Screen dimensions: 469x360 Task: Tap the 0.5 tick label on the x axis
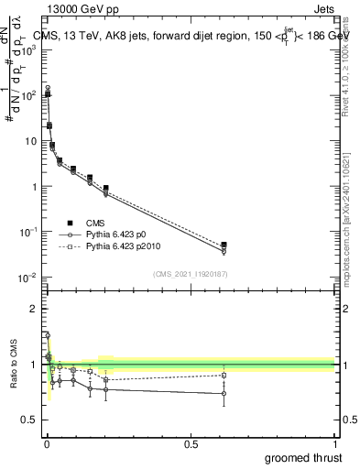coord(191,443)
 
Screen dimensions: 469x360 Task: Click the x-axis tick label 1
coord(334,443)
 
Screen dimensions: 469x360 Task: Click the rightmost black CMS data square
coord(224,245)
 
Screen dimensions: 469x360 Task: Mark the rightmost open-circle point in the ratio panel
coord(224,394)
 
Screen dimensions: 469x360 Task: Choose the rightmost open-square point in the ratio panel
coord(224,375)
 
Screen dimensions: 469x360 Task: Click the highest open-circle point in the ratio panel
coord(47,335)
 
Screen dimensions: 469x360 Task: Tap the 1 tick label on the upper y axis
coord(33,187)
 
